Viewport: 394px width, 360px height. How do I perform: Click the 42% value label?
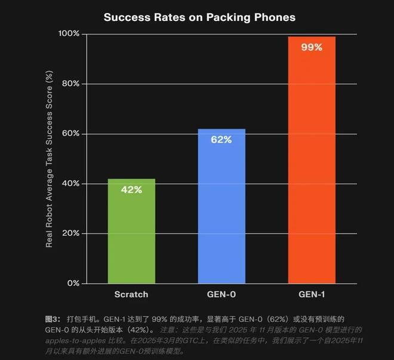point(131,190)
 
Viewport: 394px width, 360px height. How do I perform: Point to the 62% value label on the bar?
point(221,140)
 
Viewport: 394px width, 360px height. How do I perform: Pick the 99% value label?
point(311,47)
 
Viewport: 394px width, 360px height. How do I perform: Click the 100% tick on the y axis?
point(69,33)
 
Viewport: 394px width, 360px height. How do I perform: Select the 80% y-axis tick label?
point(71,84)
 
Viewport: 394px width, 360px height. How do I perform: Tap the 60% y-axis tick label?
point(71,133)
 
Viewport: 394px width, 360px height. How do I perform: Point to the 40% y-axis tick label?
point(71,183)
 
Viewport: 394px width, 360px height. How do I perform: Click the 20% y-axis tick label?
point(71,233)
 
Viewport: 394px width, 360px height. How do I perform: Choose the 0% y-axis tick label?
point(73,283)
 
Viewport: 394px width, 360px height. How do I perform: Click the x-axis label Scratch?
point(131,295)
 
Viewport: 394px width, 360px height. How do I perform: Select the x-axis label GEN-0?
point(221,295)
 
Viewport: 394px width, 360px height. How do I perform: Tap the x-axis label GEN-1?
point(311,295)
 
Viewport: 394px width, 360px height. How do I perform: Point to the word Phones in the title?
point(272,17)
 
